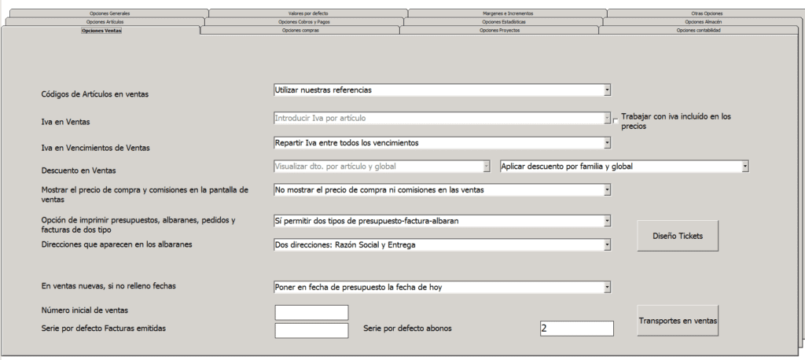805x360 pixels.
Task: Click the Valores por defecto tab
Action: click(x=308, y=13)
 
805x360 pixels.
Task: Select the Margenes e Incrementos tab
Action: click(x=507, y=13)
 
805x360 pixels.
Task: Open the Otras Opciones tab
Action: click(x=706, y=13)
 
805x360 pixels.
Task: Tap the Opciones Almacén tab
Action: click(x=703, y=22)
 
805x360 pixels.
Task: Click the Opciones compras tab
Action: click(x=300, y=31)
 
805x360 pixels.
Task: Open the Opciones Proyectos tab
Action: click(x=499, y=31)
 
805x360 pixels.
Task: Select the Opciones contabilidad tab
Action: click(x=698, y=31)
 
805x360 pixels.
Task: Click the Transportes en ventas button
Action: click(x=677, y=321)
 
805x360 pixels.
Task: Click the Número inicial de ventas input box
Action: click(x=311, y=312)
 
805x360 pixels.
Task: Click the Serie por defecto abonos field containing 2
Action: click(x=576, y=329)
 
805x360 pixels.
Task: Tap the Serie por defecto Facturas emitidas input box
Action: click(x=311, y=330)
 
